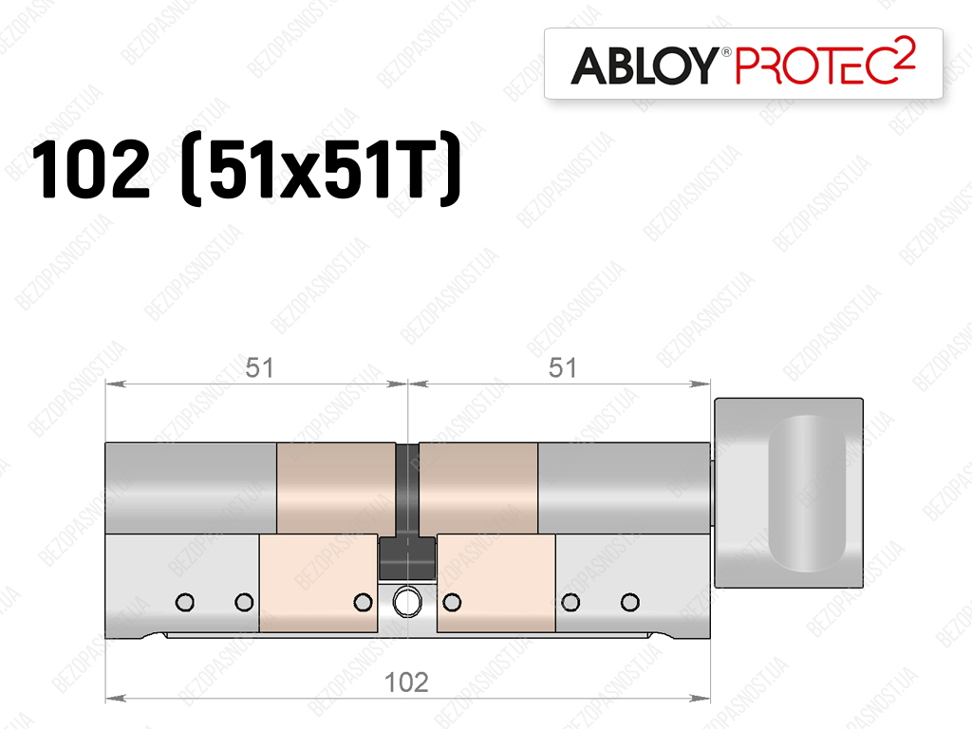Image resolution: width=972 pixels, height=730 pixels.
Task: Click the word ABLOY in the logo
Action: pos(645,66)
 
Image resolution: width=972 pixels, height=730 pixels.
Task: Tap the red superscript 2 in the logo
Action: pos(907,51)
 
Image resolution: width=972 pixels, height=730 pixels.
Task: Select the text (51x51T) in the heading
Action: pos(321,169)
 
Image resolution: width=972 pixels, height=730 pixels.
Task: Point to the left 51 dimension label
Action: pos(259,368)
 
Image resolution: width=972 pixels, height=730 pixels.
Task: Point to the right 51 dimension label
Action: pos(562,368)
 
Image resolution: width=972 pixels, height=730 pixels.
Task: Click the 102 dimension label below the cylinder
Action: pos(406,683)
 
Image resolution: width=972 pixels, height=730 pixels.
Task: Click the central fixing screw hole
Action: pos(406,602)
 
